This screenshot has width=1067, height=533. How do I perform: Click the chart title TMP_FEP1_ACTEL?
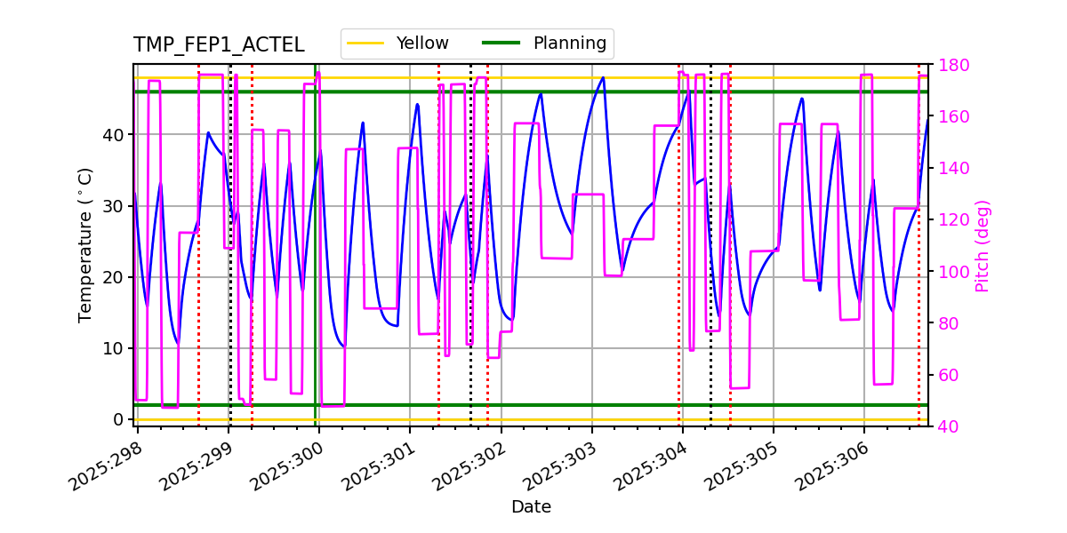point(219,45)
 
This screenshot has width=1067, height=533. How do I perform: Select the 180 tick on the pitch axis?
point(952,65)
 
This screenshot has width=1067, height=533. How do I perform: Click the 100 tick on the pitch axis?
point(952,272)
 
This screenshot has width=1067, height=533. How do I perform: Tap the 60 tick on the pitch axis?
point(948,375)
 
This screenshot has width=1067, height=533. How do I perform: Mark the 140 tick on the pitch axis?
point(952,169)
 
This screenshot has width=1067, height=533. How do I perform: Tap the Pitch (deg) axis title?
point(983,245)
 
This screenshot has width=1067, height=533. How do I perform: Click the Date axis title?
point(531,507)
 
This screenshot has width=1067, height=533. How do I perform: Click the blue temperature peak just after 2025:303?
point(603,77)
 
